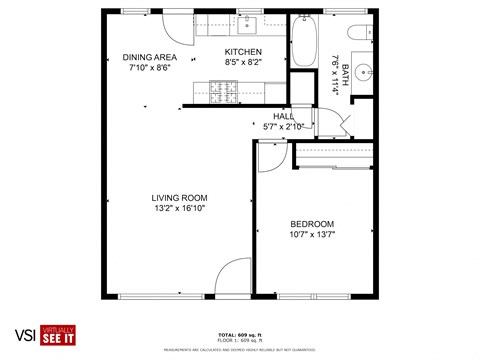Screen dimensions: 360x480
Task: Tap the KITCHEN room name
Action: (243, 52)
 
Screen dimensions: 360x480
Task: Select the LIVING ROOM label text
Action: (179, 198)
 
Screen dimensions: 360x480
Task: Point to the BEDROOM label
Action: (312, 224)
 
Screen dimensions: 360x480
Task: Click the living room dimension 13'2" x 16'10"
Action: (179, 209)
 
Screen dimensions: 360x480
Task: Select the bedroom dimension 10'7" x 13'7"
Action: (312, 235)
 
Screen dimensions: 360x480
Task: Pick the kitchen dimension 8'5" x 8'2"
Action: (243, 63)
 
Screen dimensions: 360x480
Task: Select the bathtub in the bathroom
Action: (304, 43)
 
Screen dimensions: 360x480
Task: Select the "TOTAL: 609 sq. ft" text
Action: (239, 335)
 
